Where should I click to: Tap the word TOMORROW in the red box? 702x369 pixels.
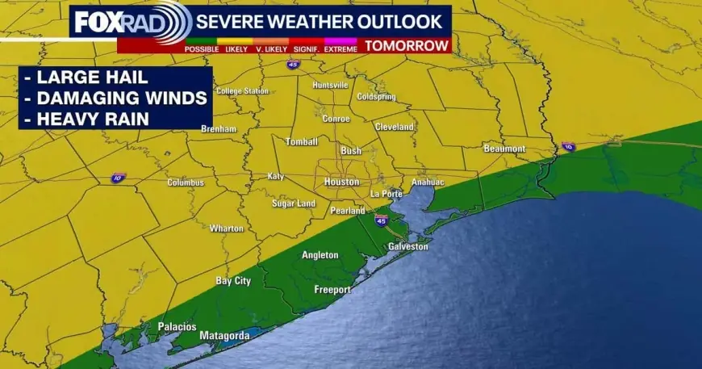click(x=407, y=46)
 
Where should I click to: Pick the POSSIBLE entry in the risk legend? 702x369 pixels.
click(x=202, y=49)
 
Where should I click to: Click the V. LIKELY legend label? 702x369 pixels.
click(x=272, y=49)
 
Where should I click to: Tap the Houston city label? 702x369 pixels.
click(x=341, y=182)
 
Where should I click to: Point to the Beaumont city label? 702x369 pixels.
click(x=504, y=149)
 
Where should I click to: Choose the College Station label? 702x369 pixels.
click(x=242, y=91)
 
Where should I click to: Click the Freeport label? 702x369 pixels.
click(x=332, y=289)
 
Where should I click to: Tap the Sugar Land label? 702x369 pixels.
click(x=293, y=203)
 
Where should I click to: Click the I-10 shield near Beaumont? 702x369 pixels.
click(x=568, y=147)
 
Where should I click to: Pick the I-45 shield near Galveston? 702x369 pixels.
click(x=381, y=220)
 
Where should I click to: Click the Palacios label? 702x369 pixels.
click(x=177, y=326)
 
